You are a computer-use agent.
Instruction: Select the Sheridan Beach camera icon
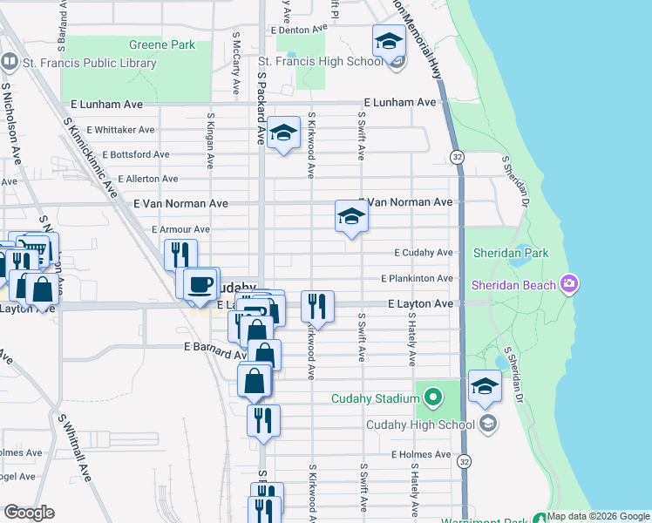coord(569,283)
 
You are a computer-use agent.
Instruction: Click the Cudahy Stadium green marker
coord(433,399)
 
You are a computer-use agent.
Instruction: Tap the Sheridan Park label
coord(511,253)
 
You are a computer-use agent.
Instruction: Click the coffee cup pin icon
coord(200,283)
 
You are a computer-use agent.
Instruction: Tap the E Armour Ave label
coord(180,229)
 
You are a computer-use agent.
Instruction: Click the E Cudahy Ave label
coord(424,253)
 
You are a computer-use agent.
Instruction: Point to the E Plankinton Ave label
coord(418,279)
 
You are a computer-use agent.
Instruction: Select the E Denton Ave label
coord(298,30)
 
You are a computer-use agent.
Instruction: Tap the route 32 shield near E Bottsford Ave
coord(457,156)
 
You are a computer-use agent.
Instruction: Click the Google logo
coord(29,513)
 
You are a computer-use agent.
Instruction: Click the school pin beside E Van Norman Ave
coord(351,216)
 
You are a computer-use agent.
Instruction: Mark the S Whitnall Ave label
coord(75,446)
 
